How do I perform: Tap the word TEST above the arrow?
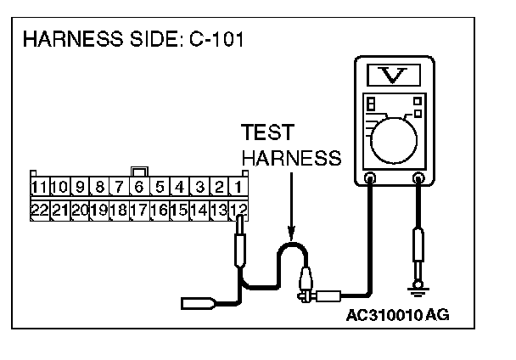pyautogui.click(x=267, y=133)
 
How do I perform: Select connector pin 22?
pyautogui.click(x=38, y=209)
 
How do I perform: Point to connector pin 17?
pyautogui.click(x=138, y=209)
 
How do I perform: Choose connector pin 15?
pyautogui.click(x=178, y=209)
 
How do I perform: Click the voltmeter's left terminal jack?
pyautogui.click(x=370, y=178)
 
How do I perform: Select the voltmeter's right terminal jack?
pyautogui.click(x=418, y=178)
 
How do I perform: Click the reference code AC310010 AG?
pyautogui.click(x=397, y=315)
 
